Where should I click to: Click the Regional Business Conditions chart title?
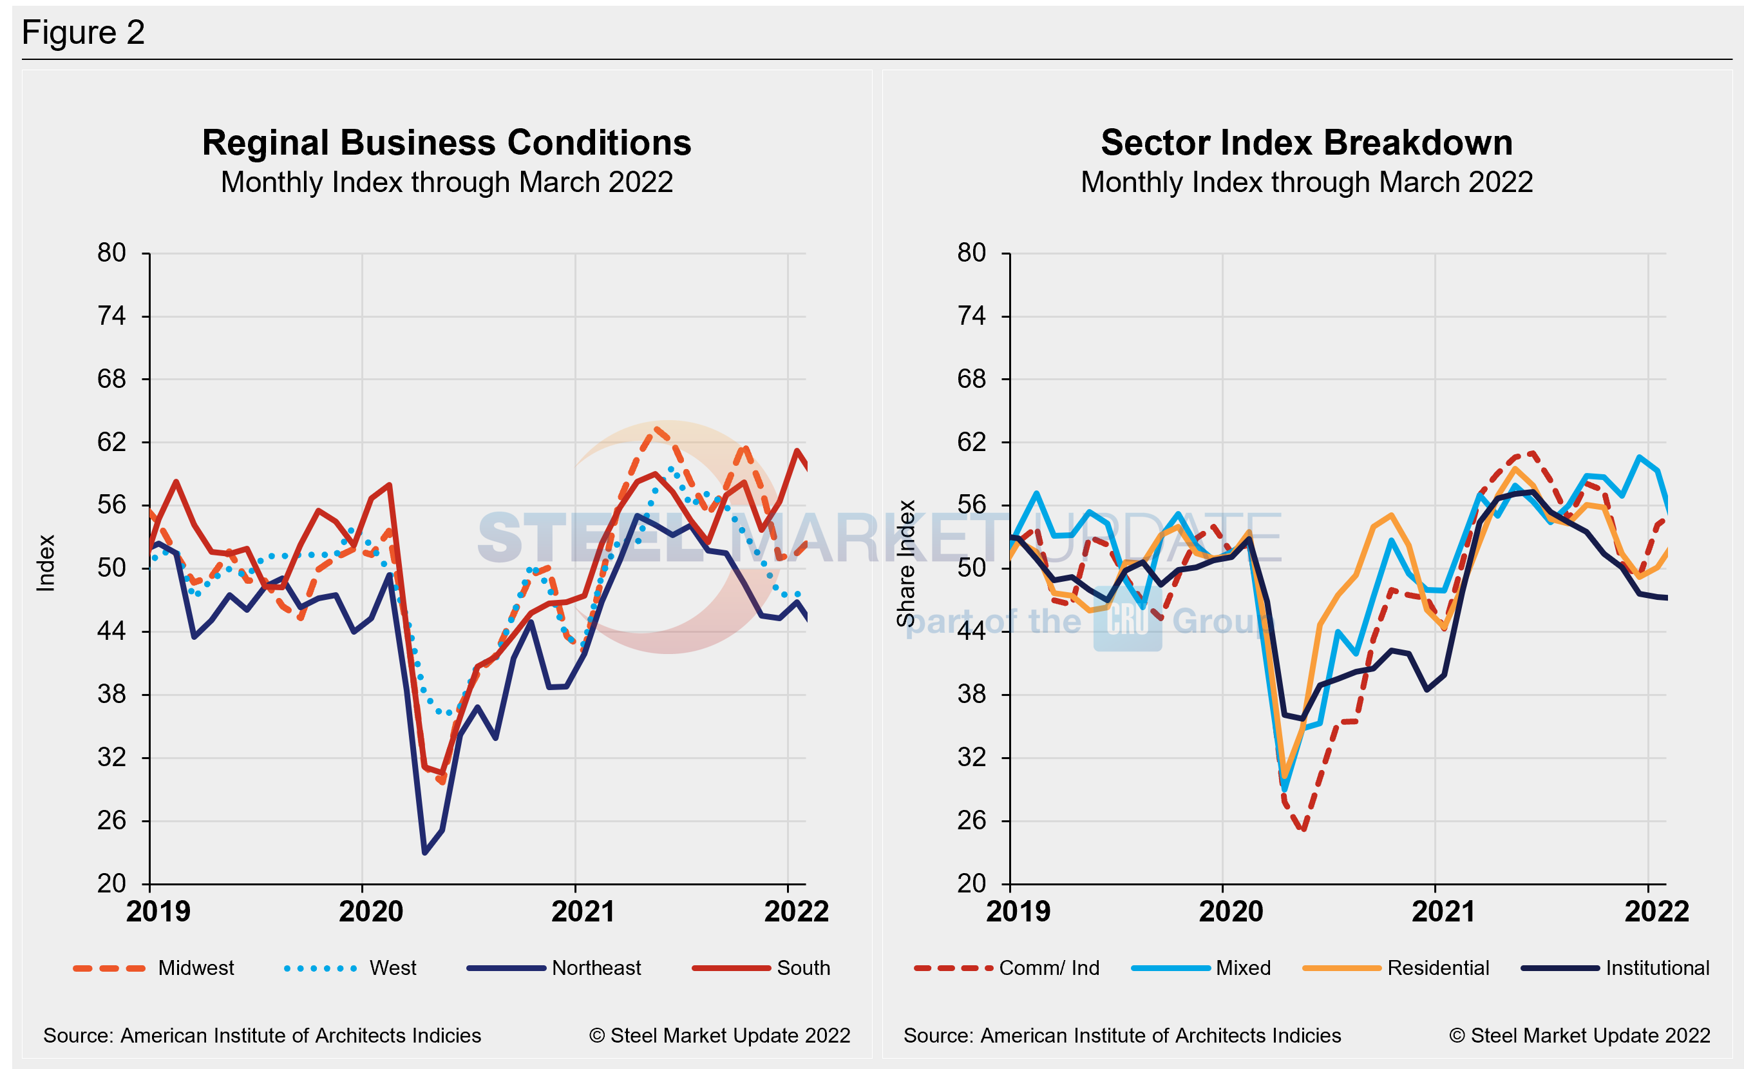click(446, 143)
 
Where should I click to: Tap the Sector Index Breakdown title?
click(1307, 143)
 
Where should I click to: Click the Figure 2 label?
click(84, 33)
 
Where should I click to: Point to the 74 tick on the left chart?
click(112, 316)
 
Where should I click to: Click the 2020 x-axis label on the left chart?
click(370, 911)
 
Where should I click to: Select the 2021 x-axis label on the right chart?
click(1443, 911)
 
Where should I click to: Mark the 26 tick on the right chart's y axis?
click(971, 820)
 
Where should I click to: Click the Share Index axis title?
click(906, 564)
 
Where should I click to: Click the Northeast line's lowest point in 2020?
click(424, 852)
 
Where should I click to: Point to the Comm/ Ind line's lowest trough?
click(1303, 829)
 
